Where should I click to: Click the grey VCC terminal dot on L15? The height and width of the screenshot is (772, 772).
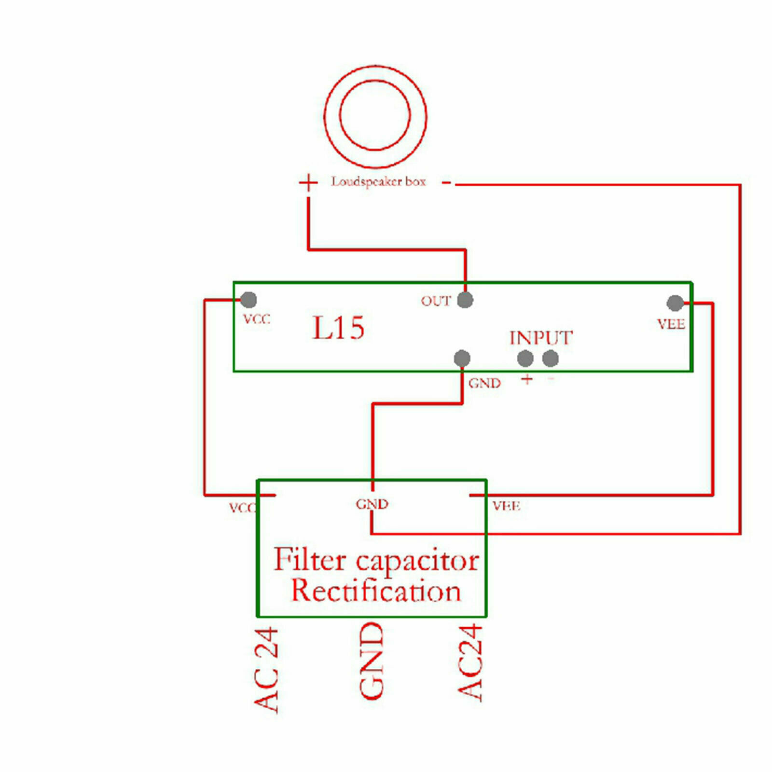[248, 300]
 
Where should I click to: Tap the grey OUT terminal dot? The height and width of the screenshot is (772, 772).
[465, 300]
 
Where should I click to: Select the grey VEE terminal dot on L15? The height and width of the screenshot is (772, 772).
[675, 303]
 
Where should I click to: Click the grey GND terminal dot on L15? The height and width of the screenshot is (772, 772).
[462, 358]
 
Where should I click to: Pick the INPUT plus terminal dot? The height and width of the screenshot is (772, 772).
[525, 358]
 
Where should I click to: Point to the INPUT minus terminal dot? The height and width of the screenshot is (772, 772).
[551, 358]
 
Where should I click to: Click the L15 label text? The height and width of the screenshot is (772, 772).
[338, 328]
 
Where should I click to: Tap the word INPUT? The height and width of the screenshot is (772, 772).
[541, 338]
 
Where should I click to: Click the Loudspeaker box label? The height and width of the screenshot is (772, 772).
[378, 182]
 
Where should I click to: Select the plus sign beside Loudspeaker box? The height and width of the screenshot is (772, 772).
[308, 183]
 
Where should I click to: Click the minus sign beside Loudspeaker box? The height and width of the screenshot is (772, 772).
[447, 182]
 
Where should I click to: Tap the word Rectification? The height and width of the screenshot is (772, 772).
[376, 591]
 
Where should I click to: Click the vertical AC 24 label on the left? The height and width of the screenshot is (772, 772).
[266, 670]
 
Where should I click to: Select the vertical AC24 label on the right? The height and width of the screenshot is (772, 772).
[470, 662]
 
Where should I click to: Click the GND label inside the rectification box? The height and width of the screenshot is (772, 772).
[372, 504]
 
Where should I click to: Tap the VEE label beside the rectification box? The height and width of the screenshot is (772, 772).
[506, 506]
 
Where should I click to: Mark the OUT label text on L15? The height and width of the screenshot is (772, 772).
[436, 301]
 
